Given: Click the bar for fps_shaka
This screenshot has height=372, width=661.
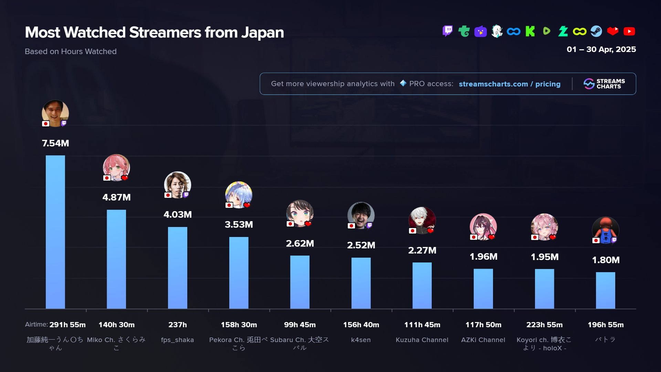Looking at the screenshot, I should pyautogui.click(x=177, y=268).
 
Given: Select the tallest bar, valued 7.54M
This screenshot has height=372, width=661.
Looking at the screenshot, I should pyautogui.click(x=55, y=232).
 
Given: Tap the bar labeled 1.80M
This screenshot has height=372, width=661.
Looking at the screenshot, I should pyautogui.click(x=605, y=290).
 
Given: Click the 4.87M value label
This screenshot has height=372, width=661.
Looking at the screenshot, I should pyautogui.click(x=116, y=197).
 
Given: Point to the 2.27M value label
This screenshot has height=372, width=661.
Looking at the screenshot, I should pyautogui.click(x=422, y=250).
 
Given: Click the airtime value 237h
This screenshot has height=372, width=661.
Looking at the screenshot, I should pyautogui.click(x=177, y=325).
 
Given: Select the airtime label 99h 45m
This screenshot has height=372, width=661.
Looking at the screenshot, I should pyautogui.click(x=300, y=325).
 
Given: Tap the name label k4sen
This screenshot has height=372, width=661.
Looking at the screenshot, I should pyautogui.click(x=361, y=340).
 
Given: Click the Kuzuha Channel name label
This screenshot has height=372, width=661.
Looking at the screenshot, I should pyautogui.click(x=422, y=340).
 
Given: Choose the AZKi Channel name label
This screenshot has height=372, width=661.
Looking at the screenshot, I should pyautogui.click(x=483, y=340).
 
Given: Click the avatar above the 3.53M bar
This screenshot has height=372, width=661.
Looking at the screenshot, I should pyautogui.click(x=239, y=195).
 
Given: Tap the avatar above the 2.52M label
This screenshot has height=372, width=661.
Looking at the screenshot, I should pyautogui.click(x=361, y=215).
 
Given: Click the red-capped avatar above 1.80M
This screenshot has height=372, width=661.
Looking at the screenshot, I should pyautogui.click(x=605, y=230).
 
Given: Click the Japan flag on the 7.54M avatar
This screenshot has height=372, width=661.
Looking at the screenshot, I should pyautogui.click(x=46, y=124).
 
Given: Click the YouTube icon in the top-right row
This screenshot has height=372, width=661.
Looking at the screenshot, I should pyautogui.click(x=629, y=31).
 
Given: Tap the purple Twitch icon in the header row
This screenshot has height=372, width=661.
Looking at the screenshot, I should pyautogui.click(x=448, y=31).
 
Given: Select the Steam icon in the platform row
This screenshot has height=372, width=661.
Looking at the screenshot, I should pyautogui.click(x=596, y=31).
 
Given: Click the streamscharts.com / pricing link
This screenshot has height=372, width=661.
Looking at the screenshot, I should pyautogui.click(x=510, y=84).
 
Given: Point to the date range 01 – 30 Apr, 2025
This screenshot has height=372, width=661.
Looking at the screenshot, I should pyautogui.click(x=601, y=49).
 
